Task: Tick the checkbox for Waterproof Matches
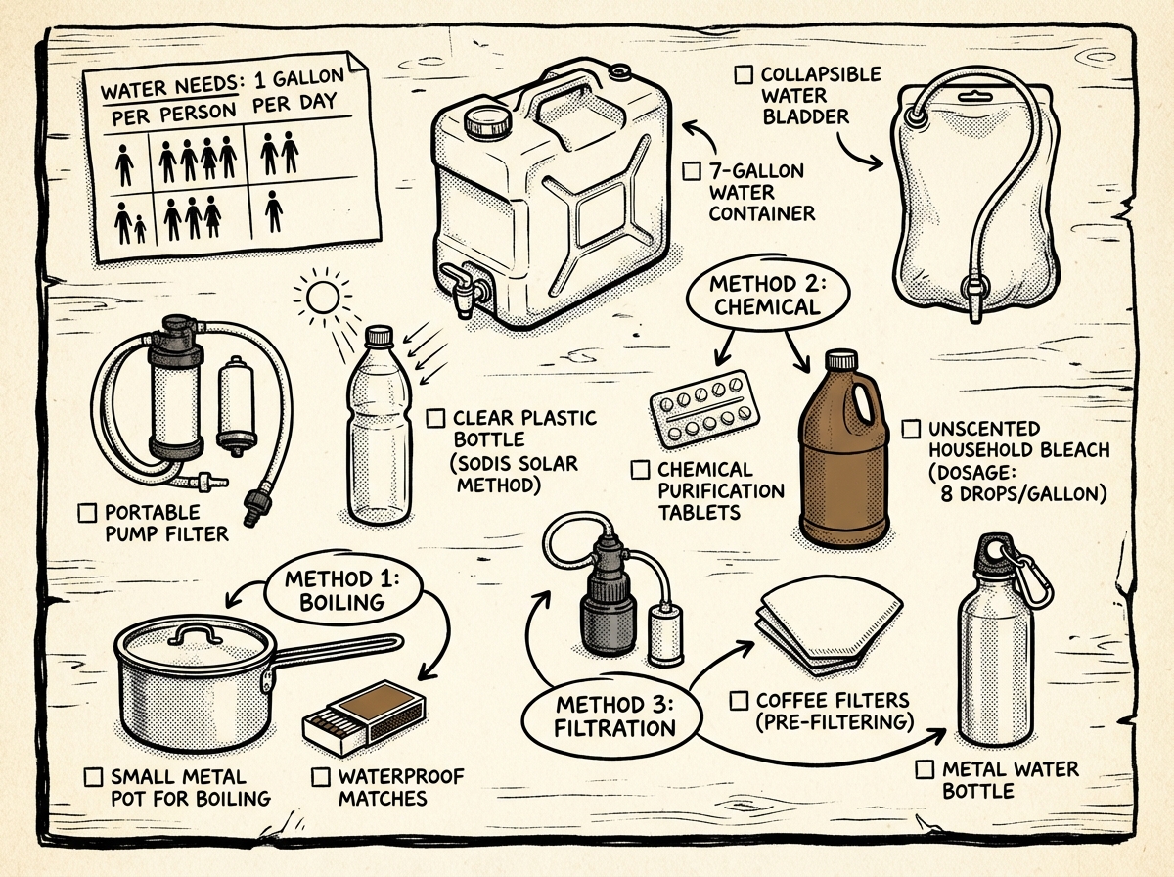[x=321, y=777]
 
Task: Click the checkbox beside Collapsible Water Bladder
[x=744, y=74]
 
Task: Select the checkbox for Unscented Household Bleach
[x=911, y=429]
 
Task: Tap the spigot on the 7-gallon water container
[x=462, y=287]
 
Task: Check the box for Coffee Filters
[x=741, y=701]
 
